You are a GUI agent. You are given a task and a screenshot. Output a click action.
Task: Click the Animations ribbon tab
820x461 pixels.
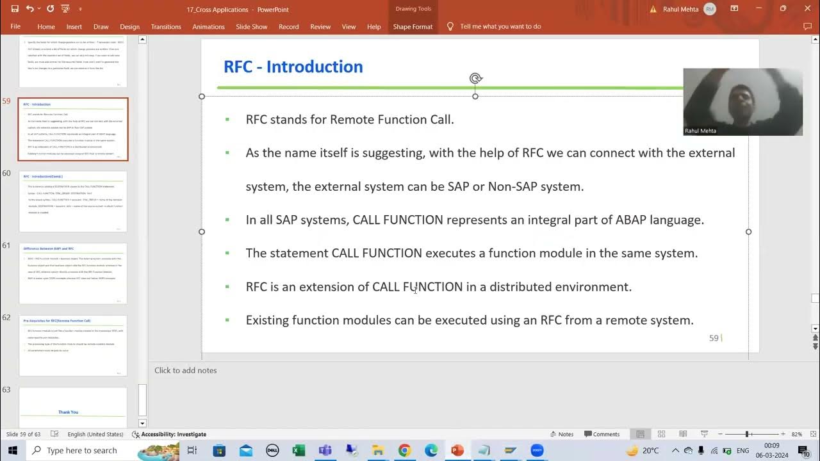click(x=208, y=27)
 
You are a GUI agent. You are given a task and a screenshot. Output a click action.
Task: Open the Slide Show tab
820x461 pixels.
click(x=251, y=27)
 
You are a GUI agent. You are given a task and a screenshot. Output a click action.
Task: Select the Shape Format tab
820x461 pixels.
click(x=413, y=27)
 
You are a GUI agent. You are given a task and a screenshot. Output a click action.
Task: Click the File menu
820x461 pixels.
click(x=15, y=27)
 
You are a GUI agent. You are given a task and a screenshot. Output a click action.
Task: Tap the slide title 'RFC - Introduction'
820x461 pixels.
click(x=293, y=67)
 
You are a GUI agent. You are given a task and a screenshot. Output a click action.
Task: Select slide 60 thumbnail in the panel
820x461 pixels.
click(x=73, y=201)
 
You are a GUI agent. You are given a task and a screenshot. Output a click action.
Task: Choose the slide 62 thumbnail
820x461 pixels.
click(x=73, y=345)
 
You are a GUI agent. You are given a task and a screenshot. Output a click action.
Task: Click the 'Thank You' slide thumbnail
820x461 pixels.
click(x=73, y=407)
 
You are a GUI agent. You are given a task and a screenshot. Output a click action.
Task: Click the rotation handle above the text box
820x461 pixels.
click(x=475, y=78)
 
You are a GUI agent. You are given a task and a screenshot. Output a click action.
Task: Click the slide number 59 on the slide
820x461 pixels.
click(x=714, y=337)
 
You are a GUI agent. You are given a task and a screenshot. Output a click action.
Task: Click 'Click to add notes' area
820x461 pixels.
click(x=186, y=370)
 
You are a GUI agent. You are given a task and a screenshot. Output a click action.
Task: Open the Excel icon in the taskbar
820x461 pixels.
click(x=299, y=450)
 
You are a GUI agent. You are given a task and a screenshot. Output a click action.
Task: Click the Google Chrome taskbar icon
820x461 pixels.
click(x=404, y=450)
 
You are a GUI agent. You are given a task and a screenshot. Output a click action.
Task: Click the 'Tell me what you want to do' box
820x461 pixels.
click(x=500, y=27)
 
